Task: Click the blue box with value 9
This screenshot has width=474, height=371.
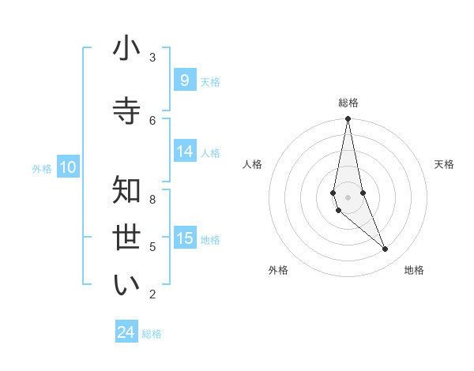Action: point(184,81)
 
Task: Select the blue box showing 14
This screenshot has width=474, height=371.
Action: point(184,152)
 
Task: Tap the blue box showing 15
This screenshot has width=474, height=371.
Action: point(184,238)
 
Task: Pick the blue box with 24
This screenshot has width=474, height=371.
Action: point(126,333)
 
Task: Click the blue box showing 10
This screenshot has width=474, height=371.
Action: point(68,167)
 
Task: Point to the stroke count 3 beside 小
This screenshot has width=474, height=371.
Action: point(152,58)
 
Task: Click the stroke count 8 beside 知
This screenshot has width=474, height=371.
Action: point(152,200)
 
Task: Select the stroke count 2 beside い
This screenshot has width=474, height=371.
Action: point(152,294)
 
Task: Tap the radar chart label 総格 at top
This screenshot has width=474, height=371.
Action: point(348,103)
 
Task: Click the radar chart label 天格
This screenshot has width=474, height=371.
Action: point(444,164)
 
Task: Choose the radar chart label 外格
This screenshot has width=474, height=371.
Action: point(278,270)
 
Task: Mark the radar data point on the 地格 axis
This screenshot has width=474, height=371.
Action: point(386,249)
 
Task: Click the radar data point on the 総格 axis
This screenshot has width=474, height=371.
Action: point(348,119)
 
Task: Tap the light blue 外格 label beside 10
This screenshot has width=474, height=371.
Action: point(42,168)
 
